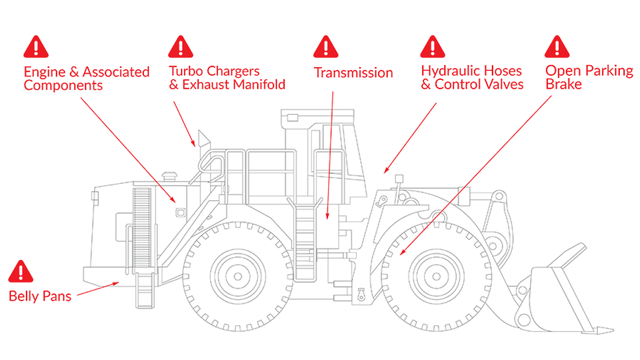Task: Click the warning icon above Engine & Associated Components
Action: [36, 47]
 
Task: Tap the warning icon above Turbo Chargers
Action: [181, 47]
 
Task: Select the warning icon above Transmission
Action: [325, 47]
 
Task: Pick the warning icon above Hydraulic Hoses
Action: [432, 47]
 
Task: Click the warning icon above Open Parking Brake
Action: [557, 47]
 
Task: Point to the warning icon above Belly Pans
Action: [21, 271]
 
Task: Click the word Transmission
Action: [353, 73]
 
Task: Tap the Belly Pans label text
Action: [40, 297]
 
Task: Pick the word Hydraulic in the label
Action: [447, 71]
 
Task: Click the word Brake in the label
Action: [563, 85]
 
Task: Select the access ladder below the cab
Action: [305, 241]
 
